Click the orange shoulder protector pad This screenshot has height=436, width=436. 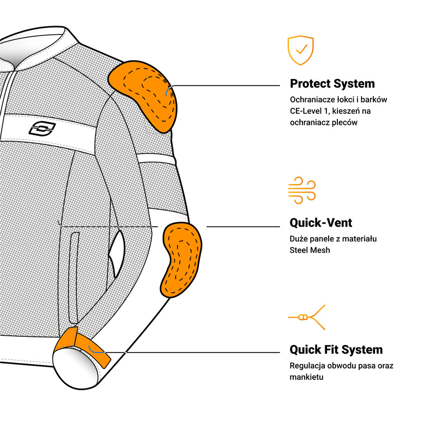(x=143, y=95)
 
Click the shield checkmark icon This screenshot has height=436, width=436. (x=300, y=50)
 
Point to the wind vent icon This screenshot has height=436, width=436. (x=301, y=190)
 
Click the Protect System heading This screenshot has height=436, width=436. (x=332, y=84)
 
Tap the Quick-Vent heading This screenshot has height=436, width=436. (x=320, y=223)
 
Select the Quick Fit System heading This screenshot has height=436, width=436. (x=336, y=350)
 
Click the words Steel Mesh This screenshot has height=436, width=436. (x=310, y=250)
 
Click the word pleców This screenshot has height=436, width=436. (x=346, y=123)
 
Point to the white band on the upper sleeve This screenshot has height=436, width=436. (x=156, y=159)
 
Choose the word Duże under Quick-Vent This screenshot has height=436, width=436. (x=299, y=239)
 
